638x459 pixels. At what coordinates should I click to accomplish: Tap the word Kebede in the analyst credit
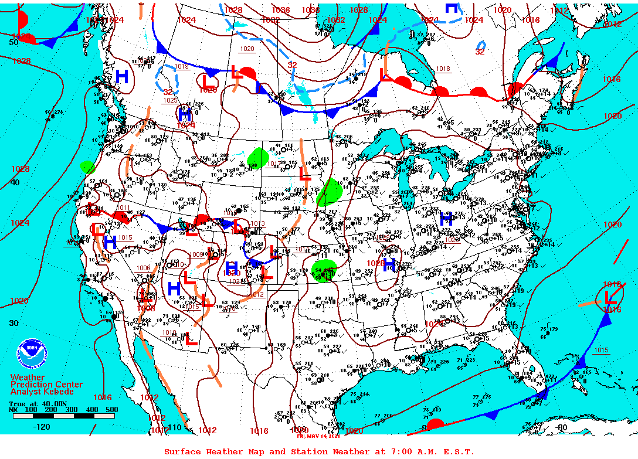coord(60,392)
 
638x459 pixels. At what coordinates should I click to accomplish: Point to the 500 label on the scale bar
coord(111,409)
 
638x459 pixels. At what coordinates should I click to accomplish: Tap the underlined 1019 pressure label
coord(182,67)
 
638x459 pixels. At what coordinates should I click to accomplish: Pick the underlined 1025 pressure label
coord(171,100)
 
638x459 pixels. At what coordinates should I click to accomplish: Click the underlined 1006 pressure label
coord(144,268)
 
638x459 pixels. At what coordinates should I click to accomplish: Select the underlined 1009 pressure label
coord(196,254)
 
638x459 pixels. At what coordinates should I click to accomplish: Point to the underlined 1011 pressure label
coord(124,208)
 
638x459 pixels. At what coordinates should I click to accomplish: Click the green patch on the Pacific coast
coord(87,167)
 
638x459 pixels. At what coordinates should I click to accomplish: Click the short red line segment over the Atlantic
coord(620,256)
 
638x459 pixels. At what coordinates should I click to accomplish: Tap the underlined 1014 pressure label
coord(302,250)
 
